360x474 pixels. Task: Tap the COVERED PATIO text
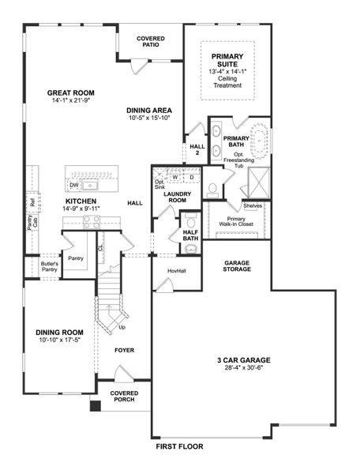[x=150, y=41]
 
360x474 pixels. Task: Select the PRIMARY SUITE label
[x=227, y=61]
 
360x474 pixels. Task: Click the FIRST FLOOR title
[x=179, y=446]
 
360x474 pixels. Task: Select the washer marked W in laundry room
[x=174, y=177]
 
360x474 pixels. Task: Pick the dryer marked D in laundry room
[x=190, y=177]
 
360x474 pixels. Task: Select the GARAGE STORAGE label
[x=238, y=265]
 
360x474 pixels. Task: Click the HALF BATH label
[x=190, y=235]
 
